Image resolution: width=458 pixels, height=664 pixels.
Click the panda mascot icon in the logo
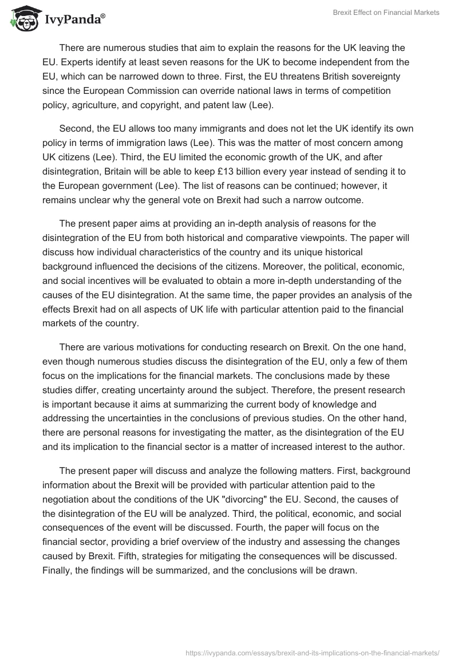point(23,19)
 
